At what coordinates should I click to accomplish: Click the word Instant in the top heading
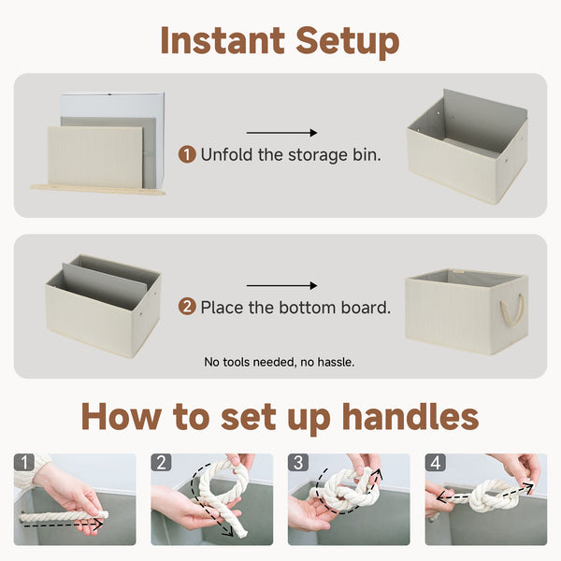tap(221, 41)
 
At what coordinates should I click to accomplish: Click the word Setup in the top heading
tap(347, 41)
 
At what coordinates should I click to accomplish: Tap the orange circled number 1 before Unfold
tap(187, 154)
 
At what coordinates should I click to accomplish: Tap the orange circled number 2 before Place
tap(187, 307)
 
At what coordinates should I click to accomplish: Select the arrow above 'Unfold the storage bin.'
tap(281, 134)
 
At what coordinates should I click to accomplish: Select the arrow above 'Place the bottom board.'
tap(281, 286)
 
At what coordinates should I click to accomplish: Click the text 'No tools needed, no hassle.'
tap(280, 361)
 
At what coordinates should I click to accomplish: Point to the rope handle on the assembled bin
tap(512, 310)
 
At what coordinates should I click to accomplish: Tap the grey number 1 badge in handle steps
tap(23, 463)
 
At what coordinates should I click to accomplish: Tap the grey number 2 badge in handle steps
tap(161, 463)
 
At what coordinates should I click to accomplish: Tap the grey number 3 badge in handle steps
tap(298, 463)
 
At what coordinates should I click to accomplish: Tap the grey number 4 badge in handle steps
tap(435, 463)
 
